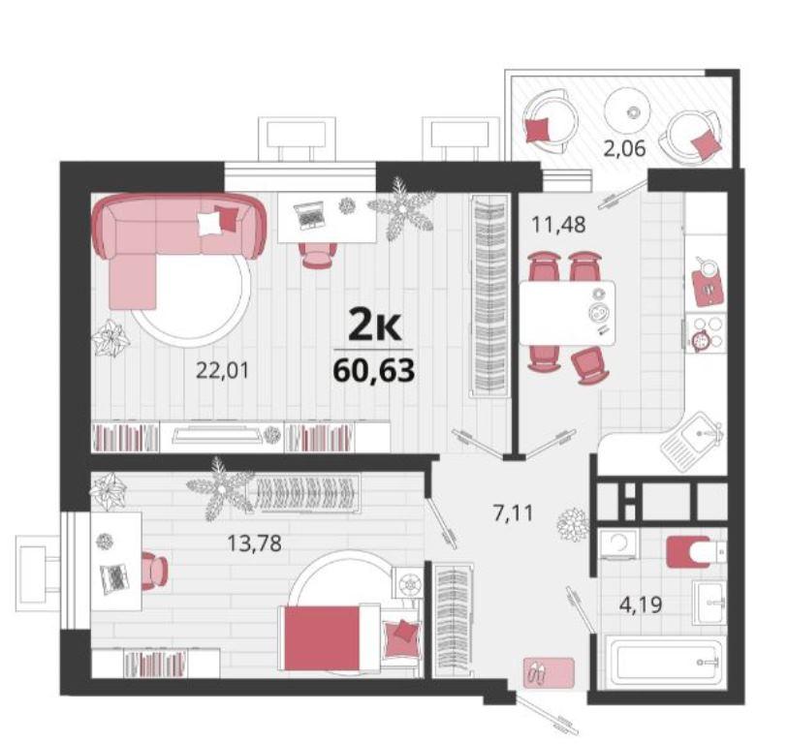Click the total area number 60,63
374,371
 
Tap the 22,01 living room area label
222,371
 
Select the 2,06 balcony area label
624,148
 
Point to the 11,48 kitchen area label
559,225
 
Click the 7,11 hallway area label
513,513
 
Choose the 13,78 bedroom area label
254,543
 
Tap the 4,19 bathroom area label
641,604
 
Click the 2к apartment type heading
374,326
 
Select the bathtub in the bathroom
663,660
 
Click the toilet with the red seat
696,552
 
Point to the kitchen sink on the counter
695,442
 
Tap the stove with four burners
707,332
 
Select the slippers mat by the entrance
549,672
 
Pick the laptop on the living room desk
308,215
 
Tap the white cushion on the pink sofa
209,223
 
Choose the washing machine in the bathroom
618,543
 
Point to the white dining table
567,313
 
